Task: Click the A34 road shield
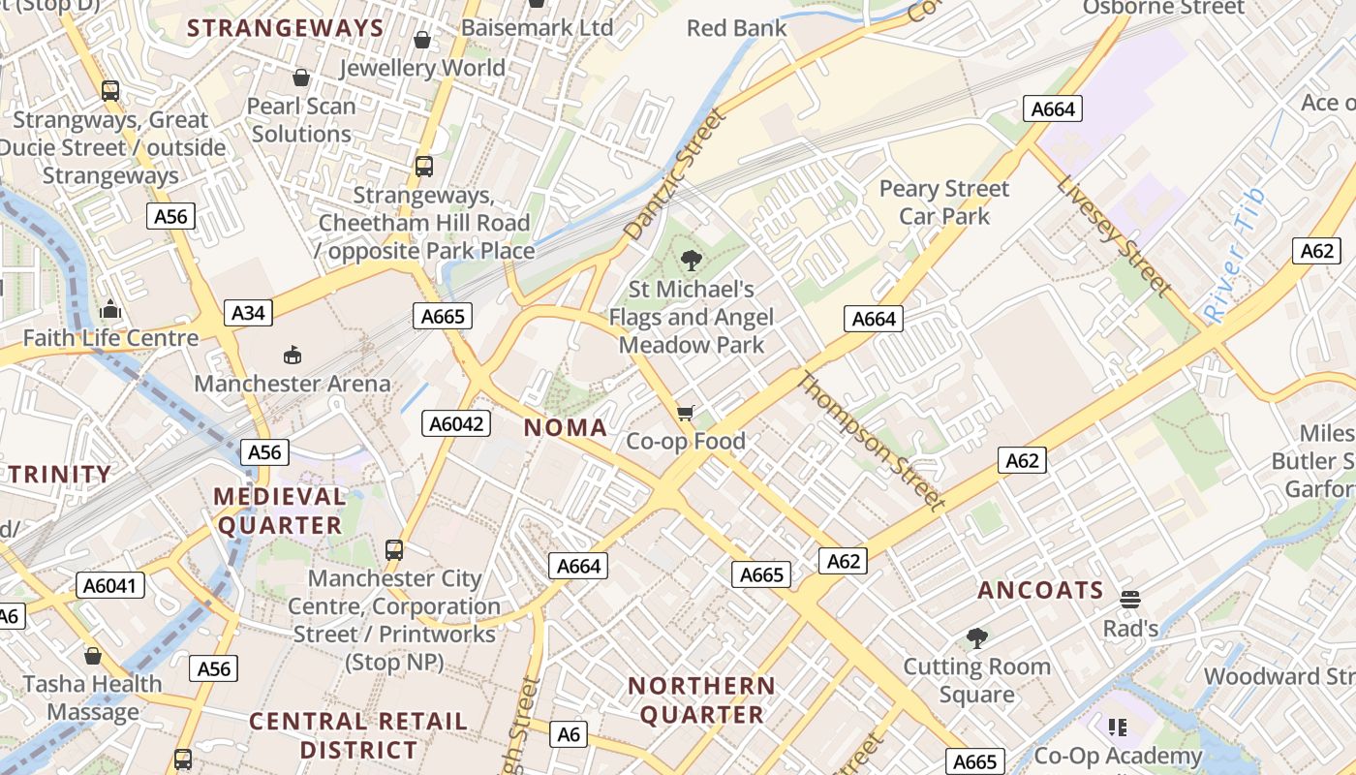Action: point(248,313)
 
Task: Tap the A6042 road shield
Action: point(457,423)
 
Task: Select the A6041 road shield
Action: point(110,585)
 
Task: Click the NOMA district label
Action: point(566,428)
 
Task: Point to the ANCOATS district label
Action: point(1040,590)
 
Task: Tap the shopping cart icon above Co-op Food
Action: point(686,414)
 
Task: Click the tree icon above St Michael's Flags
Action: point(691,260)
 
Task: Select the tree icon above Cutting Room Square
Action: point(976,637)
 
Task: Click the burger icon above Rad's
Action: point(1129,600)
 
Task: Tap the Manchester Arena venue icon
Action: point(293,356)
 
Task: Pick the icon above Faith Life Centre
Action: point(110,310)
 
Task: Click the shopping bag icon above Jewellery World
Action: point(422,40)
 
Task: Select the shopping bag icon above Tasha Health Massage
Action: point(93,656)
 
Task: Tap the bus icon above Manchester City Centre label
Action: point(394,550)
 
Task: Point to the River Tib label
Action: point(1234,256)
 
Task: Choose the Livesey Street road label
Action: point(1114,235)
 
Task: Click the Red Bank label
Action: point(736,28)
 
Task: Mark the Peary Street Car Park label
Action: point(944,201)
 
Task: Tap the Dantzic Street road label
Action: point(674,174)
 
